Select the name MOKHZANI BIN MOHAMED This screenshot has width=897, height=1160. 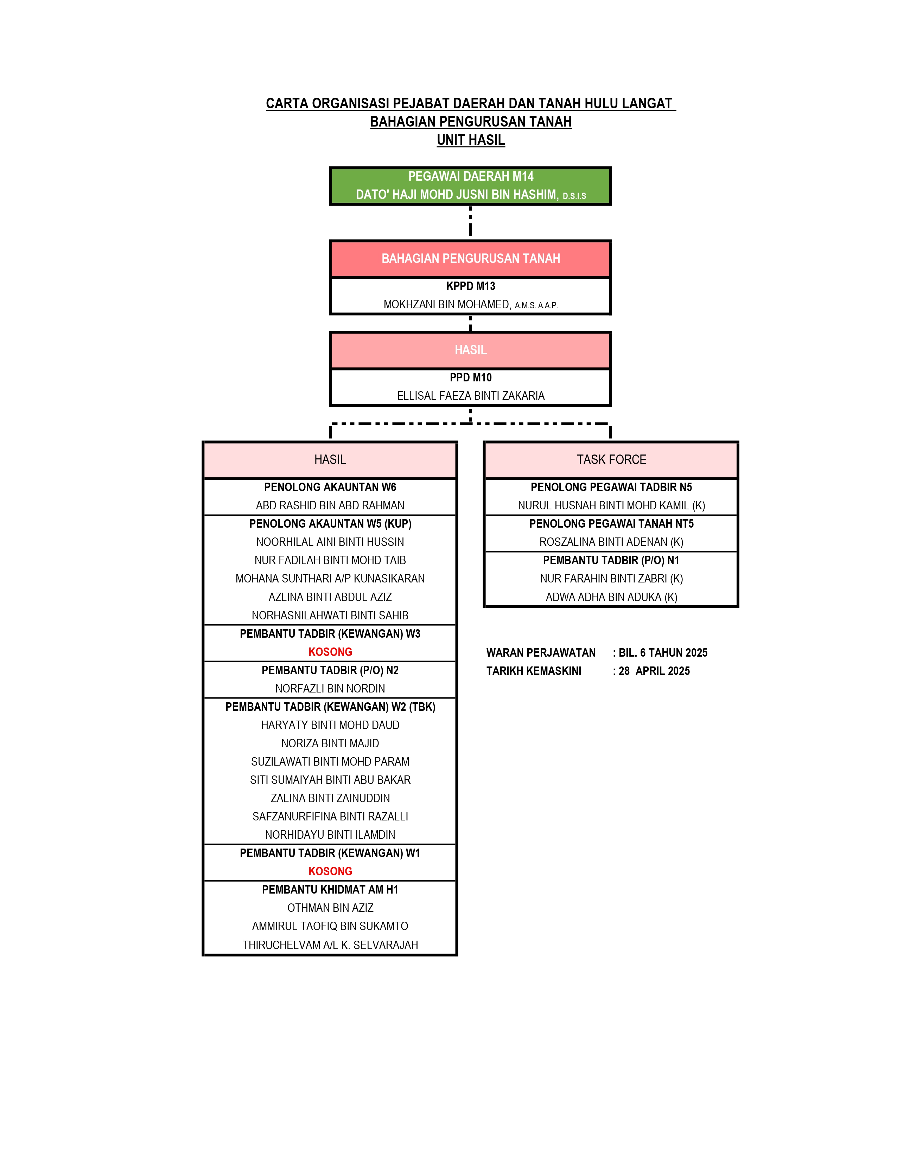pyautogui.click(x=447, y=305)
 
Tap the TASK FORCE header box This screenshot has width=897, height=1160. pyautogui.click(x=611, y=459)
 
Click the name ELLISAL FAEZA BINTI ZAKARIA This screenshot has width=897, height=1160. pyautogui.click(x=471, y=396)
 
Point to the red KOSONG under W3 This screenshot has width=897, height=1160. pyautogui.click(x=330, y=652)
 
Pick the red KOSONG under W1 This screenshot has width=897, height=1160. pyautogui.click(x=330, y=871)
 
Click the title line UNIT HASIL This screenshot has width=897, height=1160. pyautogui.click(x=471, y=140)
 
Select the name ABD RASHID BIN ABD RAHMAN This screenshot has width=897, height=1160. pyautogui.click(x=330, y=505)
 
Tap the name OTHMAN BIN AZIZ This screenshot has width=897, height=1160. pyautogui.click(x=330, y=908)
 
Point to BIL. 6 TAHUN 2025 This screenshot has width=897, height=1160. pyautogui.click(x=663, y=653)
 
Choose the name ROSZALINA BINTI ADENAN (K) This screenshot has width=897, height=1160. pyautogui.click(x=611, y=542)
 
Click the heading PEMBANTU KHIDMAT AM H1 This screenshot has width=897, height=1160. pyautogui.click(x=330, y=890)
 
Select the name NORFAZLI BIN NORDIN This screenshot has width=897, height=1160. pyautogui.click(x=330, y=688)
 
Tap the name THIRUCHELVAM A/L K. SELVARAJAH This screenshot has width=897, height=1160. pyautogui.click(x=330, y=945)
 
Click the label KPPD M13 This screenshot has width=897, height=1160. pyautogui.click(x=471, y=286)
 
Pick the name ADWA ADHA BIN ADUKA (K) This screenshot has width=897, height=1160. pyautogui.click(x=611, y=597)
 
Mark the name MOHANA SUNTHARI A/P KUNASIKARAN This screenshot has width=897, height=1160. pyautogui.click(x=330, y=578)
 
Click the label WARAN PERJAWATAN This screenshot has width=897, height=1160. pyautogui.click(x=541, y=653)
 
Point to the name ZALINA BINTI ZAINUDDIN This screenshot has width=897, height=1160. pyautogui.click(x=330, y=798)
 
